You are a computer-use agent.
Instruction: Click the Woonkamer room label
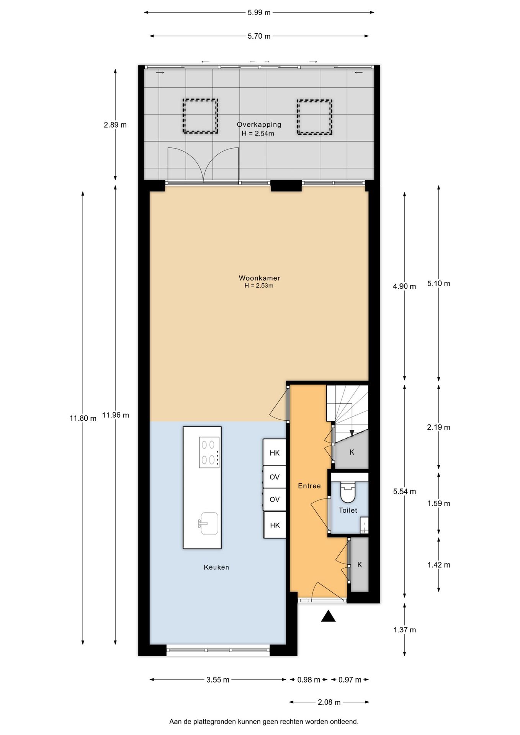[x=259, y=278]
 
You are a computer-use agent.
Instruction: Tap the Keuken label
[x=216, y=567]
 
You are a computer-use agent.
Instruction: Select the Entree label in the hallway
[x=309, y=486]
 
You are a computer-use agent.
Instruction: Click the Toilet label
[x=348, y=510]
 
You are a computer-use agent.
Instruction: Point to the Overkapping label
[x=259, y=124]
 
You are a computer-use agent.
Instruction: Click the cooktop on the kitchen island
[x=209, y=452]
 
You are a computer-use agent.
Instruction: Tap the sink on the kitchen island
[x=209, y=523]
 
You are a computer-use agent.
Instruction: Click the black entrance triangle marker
[x=328, y=616]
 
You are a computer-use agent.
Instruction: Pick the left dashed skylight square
[x=200, y=116]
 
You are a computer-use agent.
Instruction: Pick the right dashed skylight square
[x=314, y=117]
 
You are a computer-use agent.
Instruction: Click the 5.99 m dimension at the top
[x=259, y=13]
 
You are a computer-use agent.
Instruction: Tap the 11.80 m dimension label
[x=83, y=418]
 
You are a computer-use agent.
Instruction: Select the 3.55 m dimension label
[x=217, y=680]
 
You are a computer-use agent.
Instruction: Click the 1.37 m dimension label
[x=404, y=630]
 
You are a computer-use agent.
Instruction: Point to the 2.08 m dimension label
[x=329, y=702]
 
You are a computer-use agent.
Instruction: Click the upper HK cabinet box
[x=275, y=453]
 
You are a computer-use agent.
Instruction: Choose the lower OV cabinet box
[x=275, y=499]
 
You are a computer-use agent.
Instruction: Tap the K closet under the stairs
[x=352, y=452]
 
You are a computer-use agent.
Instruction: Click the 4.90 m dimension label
[x=404, y=286]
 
